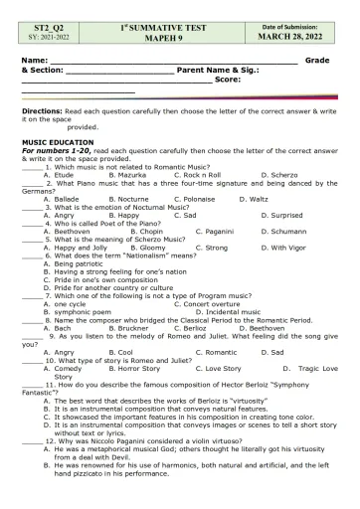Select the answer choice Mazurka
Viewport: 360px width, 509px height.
pyautogui.click(x=124, y=174)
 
